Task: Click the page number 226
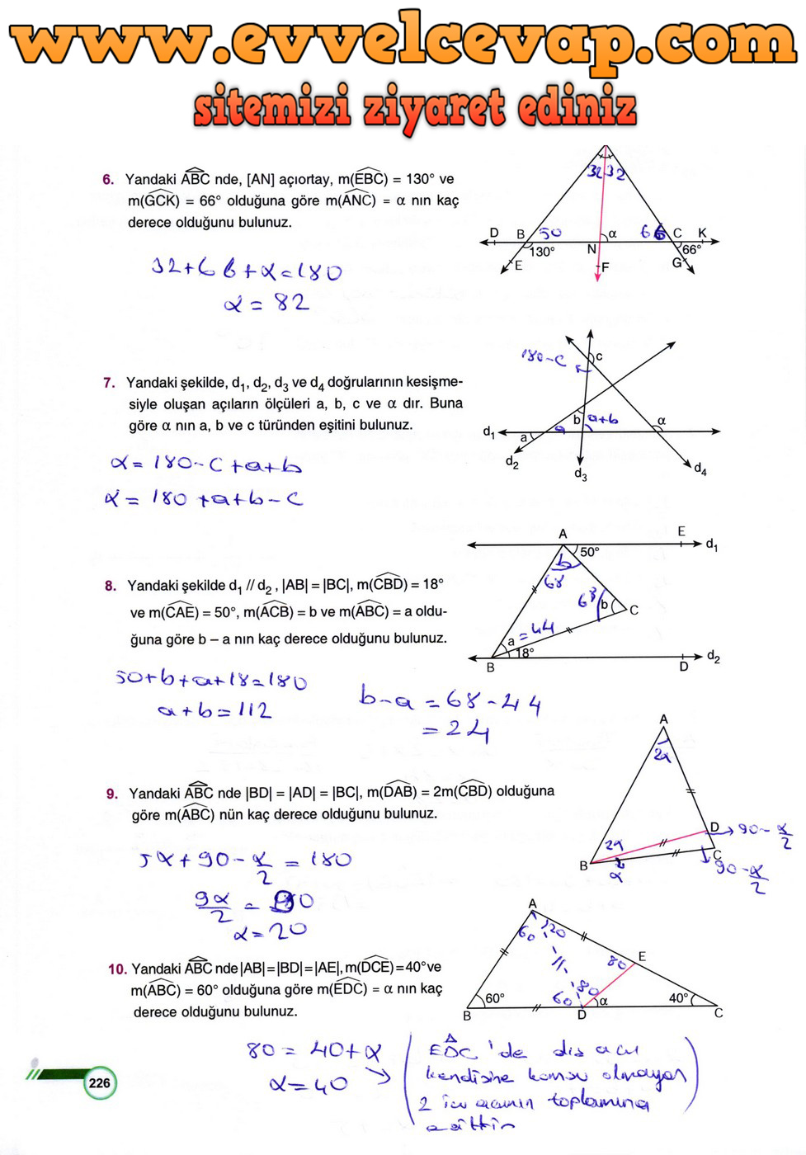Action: (99, 1083)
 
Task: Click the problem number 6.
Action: (108, 179)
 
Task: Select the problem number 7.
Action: (109, 382)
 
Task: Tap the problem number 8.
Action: (111, 586)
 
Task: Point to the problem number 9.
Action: (112, 794)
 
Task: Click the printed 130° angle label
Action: (543, 252)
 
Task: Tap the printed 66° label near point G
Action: (691, 249)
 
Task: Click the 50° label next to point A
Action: (590, 551)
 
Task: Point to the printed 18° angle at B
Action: (526, 653)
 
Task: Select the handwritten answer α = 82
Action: (266, 304)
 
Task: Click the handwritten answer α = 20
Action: (270, 932)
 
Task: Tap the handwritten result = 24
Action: (456, 730)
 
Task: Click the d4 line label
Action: (700, 469)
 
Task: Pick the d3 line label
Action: (581, 474)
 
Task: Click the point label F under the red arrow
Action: (606, 267)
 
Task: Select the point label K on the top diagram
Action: (702, 233)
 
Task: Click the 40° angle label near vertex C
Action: (678, 998)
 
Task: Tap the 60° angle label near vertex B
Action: (495, 998)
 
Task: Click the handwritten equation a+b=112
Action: (214, 710)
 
